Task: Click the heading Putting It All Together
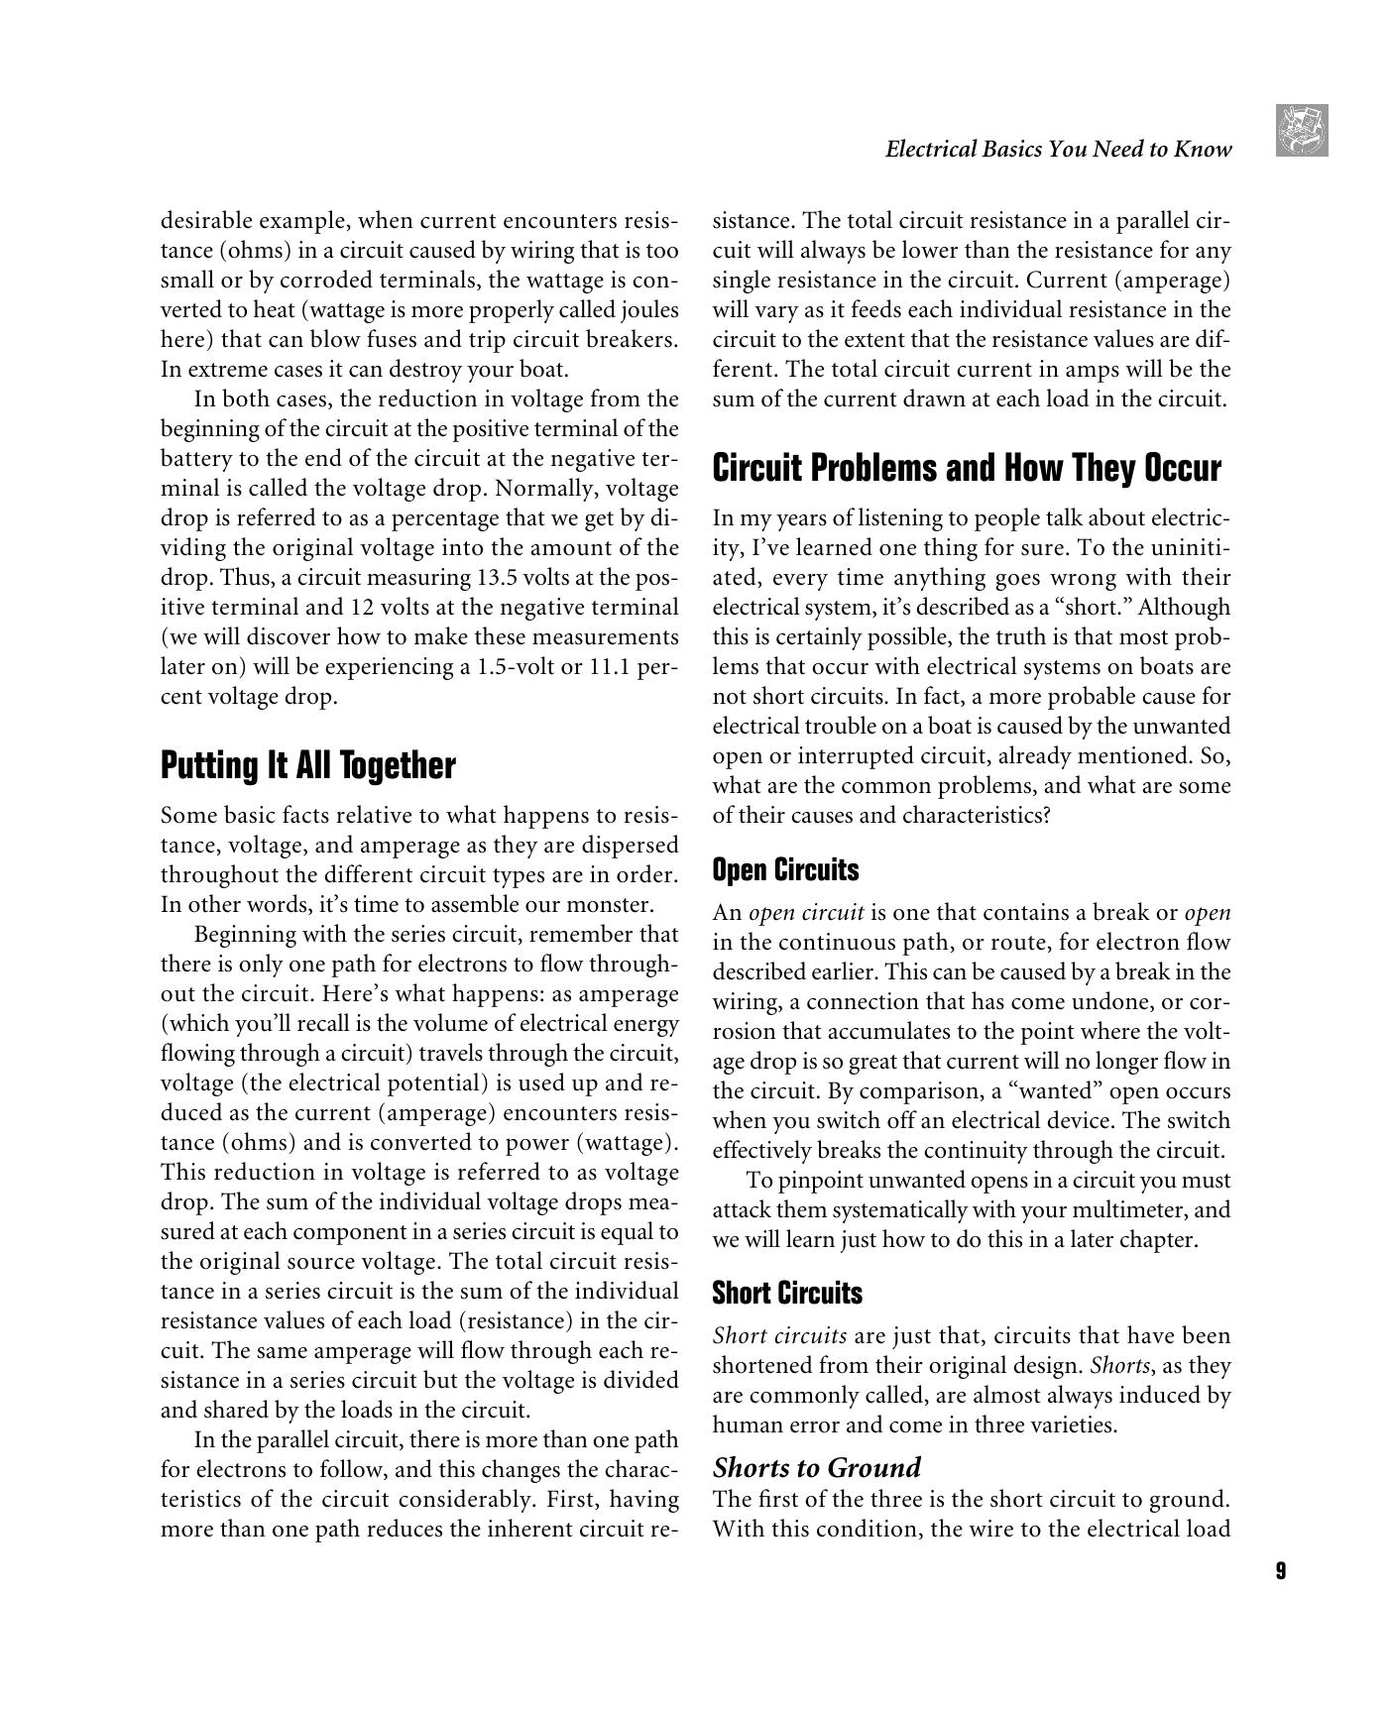(x=307, y=766)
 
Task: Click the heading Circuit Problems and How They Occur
(x=967, y=468)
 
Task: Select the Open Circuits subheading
(x=785, y=870)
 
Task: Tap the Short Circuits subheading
(x=787, y=1294)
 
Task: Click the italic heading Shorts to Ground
(x=817, y=1467)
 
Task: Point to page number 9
(x=1281, y=1571)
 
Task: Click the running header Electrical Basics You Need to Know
(x=1058, y=150)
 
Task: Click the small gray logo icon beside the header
(x=1302, y=130)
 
